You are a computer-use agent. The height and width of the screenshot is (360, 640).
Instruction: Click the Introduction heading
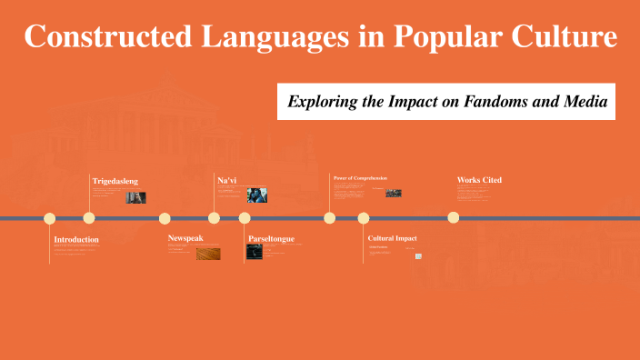pos(76,239)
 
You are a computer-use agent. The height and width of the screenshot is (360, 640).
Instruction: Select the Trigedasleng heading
pos(115,181)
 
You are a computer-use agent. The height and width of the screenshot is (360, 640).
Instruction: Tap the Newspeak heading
pos(185,238)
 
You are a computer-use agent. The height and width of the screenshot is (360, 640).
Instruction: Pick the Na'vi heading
pos(226,181)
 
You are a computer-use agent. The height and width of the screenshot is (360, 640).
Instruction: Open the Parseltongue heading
pos(271,239)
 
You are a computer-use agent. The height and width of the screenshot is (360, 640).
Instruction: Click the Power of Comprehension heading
pos(360,178)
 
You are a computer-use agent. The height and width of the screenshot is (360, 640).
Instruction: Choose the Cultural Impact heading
pos(392,238)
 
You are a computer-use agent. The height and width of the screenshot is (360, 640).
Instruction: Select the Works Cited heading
pos(479,180)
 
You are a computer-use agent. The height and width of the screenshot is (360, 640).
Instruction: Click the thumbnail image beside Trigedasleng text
pos(135,197)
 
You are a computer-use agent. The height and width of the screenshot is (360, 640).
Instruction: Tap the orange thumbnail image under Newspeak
pos(207,254)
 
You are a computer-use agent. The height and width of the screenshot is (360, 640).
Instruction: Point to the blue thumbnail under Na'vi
pos(257,195)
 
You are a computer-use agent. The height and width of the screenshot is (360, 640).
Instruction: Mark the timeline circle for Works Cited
pos(454,218)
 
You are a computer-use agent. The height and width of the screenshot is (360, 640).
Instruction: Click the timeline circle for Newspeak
pos(165,218)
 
